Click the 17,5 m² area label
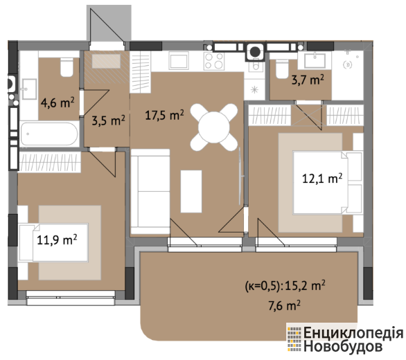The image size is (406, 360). pos(164,115)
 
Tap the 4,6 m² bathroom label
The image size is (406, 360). pos(58,102)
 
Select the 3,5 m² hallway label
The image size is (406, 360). pos(109,120)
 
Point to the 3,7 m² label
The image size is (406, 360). pos(308,80)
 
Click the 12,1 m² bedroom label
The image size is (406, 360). pos(322,179)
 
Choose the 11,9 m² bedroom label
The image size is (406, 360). pos(57,240)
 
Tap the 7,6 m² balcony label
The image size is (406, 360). pos(284,305)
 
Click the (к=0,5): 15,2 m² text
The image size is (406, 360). pos(285,286)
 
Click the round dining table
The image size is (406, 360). pos(214,127)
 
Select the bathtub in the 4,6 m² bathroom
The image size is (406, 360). pos(49,134)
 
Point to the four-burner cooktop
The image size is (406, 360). pos(214,61)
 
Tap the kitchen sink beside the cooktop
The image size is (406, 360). pos(178,60)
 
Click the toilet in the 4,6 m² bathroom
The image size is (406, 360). pos(67,67)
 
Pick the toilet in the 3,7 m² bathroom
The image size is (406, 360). pos(282,69)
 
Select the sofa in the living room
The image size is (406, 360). pos(150,192)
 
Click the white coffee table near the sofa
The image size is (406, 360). pos(191,192)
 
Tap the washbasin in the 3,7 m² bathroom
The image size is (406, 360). pos(315,61)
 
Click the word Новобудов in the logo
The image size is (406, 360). pos(343,346)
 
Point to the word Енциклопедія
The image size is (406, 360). pos(353,332)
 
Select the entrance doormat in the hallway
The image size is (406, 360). pos(106,61)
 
